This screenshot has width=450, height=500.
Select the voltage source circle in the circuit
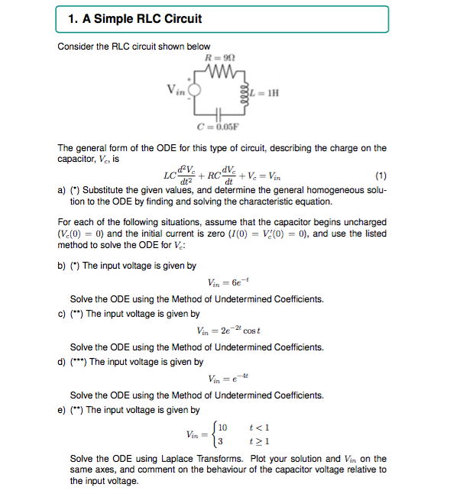(x=196, y=90)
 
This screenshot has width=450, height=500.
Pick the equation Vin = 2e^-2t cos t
(x=229, y=331)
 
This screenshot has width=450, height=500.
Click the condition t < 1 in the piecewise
(x=264, y=428)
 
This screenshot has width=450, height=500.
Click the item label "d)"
(x=62, y=362)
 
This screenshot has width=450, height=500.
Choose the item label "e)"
(x=62, y=411)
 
